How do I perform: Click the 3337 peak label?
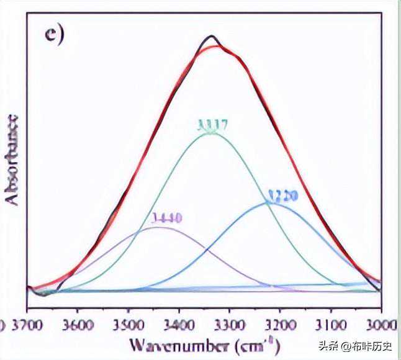pyautogui.click(x=213, y=125)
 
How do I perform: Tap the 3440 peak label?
pyautogui.click(x=166, y=218)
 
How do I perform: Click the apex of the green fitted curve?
pyautogui.click(x=210, y=135)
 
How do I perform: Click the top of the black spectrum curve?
pyautogui.click(x=212, y=36)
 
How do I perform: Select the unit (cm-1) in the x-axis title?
pyautogui.click(x=256, y=344)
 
